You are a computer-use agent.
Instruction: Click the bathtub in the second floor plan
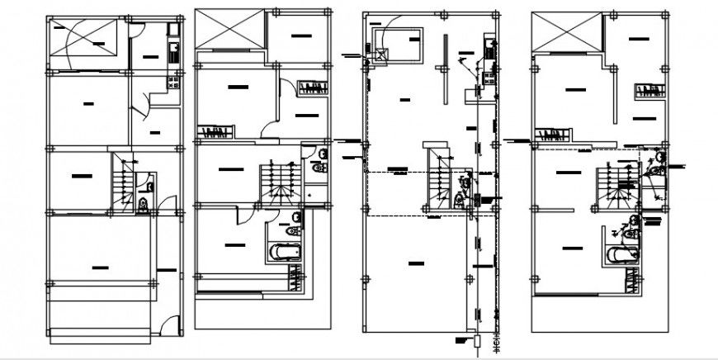pos(285,252)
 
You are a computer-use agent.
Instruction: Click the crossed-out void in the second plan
pos(230,31)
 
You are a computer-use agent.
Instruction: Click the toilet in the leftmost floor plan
pos(145,203)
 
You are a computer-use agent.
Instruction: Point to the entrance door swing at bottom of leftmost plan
pos(169,326)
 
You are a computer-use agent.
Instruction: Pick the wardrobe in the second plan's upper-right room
pos(314,88)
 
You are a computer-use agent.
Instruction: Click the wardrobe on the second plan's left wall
pos(215,132)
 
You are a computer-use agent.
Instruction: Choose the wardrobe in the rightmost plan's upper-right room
pos(650,91)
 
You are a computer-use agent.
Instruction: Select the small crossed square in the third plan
pos(381,55)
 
